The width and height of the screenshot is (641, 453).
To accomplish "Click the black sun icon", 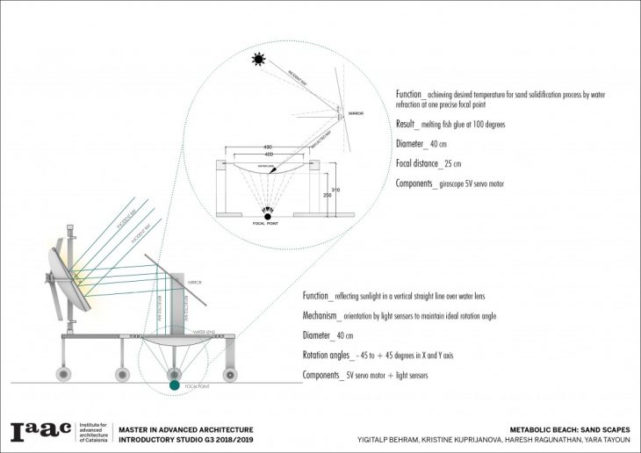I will (258, 61).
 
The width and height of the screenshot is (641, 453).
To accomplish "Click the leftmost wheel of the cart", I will (66, 374).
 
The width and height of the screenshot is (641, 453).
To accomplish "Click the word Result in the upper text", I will (410, 125).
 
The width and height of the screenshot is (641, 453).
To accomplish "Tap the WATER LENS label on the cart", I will (205, 333).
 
